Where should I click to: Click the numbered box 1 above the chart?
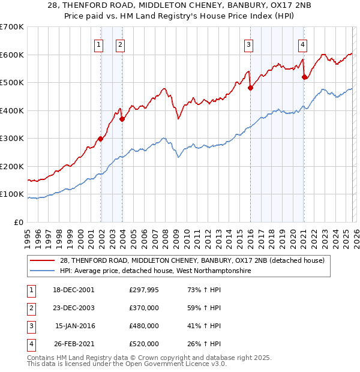98,44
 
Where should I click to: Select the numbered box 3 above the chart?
248,44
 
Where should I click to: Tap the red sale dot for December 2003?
122,119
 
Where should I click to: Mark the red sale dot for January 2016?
250,88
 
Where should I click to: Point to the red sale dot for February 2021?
304,77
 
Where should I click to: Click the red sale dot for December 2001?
101,139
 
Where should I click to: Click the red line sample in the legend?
43,260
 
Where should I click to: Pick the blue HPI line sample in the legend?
43,271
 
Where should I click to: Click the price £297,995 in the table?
143,289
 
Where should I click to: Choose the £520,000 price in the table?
143,344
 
